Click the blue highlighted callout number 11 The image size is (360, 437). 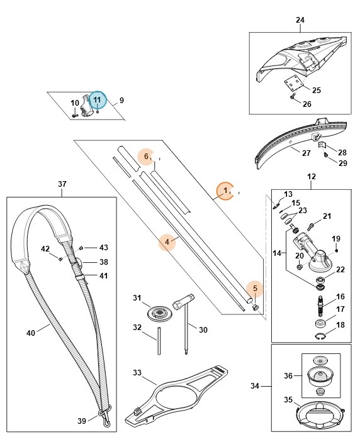tap(97, 99)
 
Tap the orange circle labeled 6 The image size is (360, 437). tap(146, 156)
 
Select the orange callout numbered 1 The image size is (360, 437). tap(225, 191)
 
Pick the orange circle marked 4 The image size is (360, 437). tap(167, 241)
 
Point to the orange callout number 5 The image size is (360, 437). tap(255, 289)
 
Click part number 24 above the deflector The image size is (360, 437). tap(300, 20)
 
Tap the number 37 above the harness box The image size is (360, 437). tap(62, 184)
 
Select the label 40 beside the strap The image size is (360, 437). tap(31, 333)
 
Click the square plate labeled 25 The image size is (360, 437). tap(291, 84)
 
